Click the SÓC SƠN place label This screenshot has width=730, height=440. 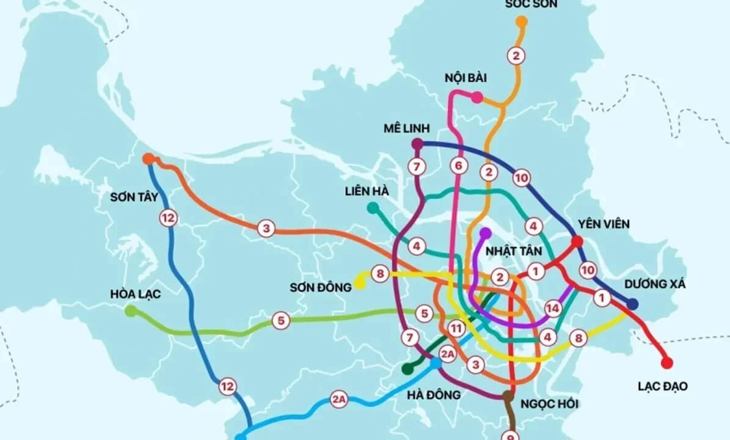(531, 4)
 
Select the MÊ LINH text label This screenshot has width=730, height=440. (406, 128)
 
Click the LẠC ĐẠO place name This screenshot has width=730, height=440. (663, 386)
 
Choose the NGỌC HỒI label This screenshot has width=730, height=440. (550, 404)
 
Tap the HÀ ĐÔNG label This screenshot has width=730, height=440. (434, 395)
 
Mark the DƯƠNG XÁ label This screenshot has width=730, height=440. (655, 285)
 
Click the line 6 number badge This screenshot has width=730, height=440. (459, 165)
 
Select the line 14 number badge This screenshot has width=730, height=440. (553, 309)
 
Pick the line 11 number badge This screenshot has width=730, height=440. (455, 328)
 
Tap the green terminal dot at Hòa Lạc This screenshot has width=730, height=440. (131, 311)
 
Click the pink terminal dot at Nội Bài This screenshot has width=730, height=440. (477, 97)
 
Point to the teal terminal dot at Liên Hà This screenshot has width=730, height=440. (373, 208)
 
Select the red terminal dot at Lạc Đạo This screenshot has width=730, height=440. (667, 363)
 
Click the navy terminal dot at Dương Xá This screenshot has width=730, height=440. (633, 304)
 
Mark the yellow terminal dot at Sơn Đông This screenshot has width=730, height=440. (359, 282)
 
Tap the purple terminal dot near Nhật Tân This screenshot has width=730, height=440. (486, 233)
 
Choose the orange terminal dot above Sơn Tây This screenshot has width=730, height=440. (148, 159)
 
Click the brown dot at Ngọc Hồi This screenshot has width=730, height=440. (508, 396)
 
